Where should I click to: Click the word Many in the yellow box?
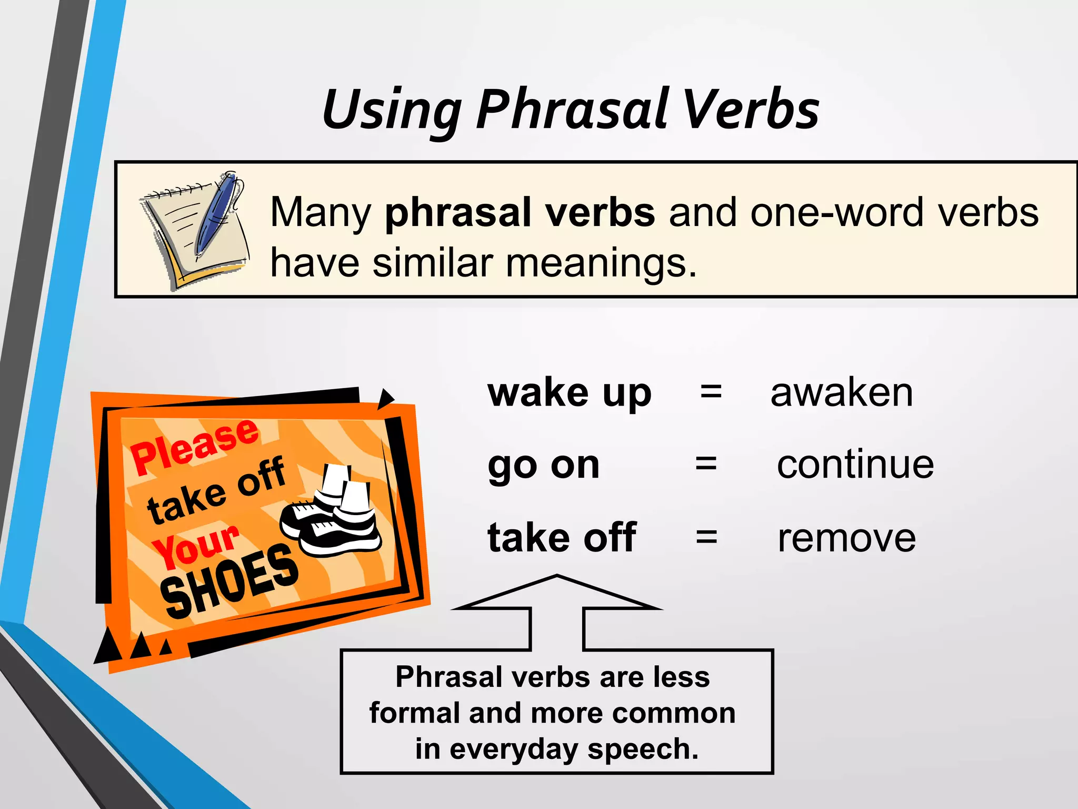coord(321,213)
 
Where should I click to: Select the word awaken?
coord(841,393)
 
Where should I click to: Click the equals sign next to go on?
coord(706,465)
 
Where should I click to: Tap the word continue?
coord(855,465)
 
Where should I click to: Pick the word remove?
coord(846,538)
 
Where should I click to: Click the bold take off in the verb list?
coord(562,538)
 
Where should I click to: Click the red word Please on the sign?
coord(195,447)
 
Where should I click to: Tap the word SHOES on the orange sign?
coord(229,582)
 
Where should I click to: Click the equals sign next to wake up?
coord(711,392)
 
